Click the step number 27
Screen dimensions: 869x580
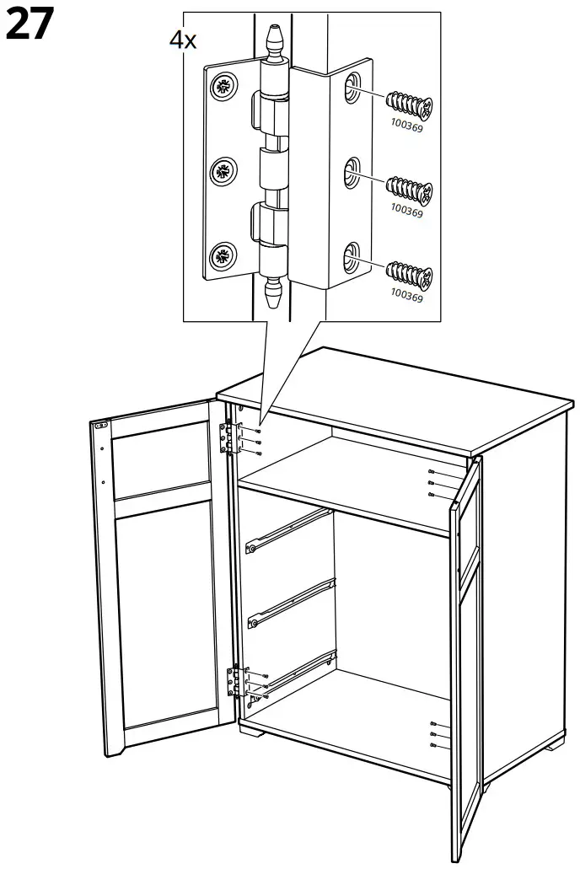pyautogui.click(x=30, y=25)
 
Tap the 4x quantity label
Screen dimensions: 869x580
pyautogui.click(x=183, y=40)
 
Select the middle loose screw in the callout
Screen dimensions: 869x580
pyautogui.click(x=408, y=187)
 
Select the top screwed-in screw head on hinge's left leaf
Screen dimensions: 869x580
pyautogui.click(x=223, y=85)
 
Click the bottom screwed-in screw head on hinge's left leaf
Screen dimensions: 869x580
pyautogui.click(x=223, y=255)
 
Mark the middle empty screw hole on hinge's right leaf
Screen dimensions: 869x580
pyautogui.click(x=351, y=174)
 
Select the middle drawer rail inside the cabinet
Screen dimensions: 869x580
pyautogui.click(x=292, y=600)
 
